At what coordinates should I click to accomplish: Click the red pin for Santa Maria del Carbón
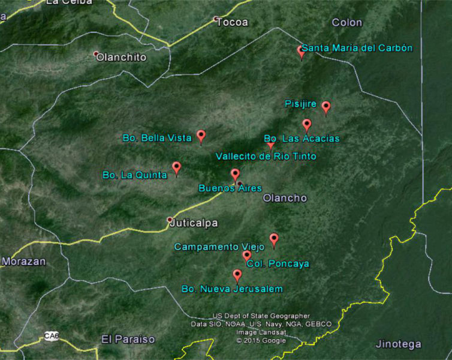302,52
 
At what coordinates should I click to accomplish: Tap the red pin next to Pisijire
326,107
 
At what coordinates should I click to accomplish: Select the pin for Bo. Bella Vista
201,136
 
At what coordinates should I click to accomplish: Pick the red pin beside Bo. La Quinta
176,167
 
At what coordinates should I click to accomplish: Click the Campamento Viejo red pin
274,239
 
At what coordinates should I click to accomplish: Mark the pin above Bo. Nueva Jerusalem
237,275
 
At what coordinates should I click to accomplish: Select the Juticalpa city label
194,223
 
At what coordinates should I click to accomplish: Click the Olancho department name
285,198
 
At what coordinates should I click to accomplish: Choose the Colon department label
346,23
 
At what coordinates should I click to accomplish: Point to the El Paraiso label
128,339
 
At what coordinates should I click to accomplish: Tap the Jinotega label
398,344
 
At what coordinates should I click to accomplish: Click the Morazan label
23,262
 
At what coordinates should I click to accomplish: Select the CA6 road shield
52,337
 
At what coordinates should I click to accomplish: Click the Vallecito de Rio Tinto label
266,157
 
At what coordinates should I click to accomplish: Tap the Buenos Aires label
230,188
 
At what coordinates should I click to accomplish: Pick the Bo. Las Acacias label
302,139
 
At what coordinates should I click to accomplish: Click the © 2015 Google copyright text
261,340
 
